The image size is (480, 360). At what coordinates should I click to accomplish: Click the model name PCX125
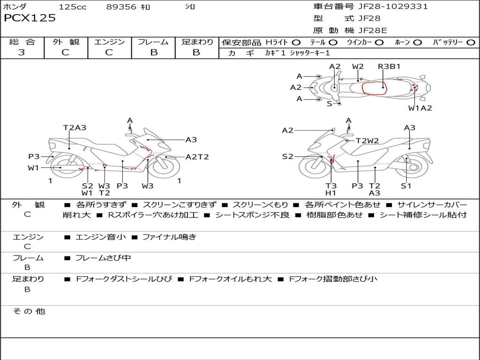(x=30, y=18)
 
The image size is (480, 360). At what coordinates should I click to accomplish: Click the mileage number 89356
(x=121, y=7)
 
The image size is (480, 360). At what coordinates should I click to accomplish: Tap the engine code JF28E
(x=373, y=30)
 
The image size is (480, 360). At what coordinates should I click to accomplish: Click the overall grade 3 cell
(x=22, y=52)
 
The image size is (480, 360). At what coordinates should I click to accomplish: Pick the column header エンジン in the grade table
(x=109, y=42)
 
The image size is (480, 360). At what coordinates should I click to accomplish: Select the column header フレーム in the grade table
(x=153, y=42)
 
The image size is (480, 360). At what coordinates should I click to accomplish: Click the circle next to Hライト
(x=296, y=42)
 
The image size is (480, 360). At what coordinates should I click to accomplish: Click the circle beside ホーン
(x=417, y=42)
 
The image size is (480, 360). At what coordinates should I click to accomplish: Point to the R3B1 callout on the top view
(x=389, y=66)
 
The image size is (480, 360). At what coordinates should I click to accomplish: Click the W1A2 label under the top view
(x=420, y=108)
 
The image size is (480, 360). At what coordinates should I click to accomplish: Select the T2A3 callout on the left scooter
(x=75, y=127)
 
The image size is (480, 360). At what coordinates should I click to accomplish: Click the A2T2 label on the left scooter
(x=197, y=157)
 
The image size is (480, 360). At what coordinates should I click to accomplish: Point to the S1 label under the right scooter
(x=406, y=186)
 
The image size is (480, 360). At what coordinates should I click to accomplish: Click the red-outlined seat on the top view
(x=374, y=87)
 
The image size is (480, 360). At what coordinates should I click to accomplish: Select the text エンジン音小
(x=100, y=237)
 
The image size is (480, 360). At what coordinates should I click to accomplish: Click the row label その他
(x=29, y=311)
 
